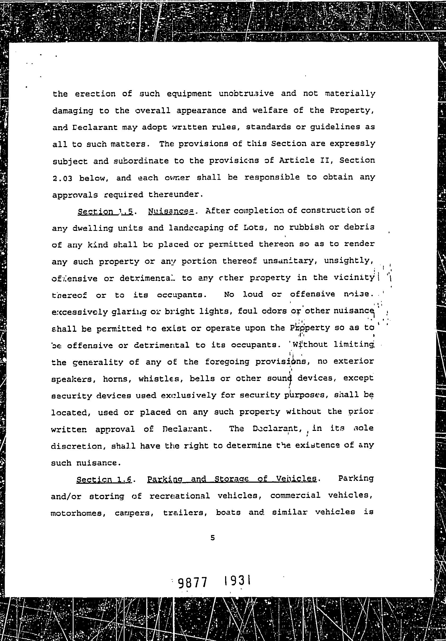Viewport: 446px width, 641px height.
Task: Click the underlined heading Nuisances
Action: coord(171,211)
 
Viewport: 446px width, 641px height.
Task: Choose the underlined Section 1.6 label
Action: coord(104,479)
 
